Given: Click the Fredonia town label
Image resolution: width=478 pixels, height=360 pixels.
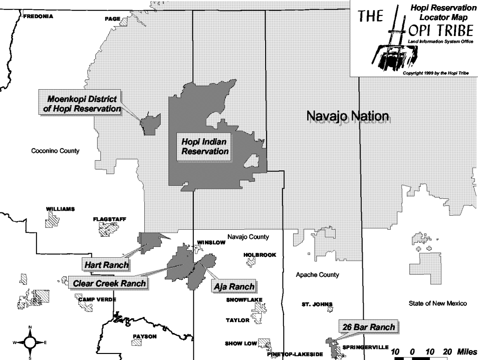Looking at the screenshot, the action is (x=38, y=16).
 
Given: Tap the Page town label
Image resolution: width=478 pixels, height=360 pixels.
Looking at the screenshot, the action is (x=113, y=19).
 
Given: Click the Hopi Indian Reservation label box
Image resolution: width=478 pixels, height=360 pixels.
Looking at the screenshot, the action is (x=205, y=146).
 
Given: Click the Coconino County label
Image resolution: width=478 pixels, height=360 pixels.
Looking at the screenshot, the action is (x=55, y=151).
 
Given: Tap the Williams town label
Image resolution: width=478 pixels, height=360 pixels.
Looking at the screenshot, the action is (x=60, y=209).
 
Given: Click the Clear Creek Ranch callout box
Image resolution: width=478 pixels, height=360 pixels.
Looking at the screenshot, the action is (x=109, y=283).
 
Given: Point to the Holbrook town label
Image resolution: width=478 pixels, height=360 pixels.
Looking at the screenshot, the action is (x=260, y=255).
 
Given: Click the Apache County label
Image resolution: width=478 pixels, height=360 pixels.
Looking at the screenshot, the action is (x=317, y=275).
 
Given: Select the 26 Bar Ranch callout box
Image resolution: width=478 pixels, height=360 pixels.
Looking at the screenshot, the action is (x=368, y=327).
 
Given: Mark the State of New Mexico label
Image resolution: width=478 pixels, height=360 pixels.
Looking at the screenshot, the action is (x=437, y=304).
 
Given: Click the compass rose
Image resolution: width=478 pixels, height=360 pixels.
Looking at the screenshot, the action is (x=30, y=342).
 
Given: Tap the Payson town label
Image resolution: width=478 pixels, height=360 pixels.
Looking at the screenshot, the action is (x=145, y=336).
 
